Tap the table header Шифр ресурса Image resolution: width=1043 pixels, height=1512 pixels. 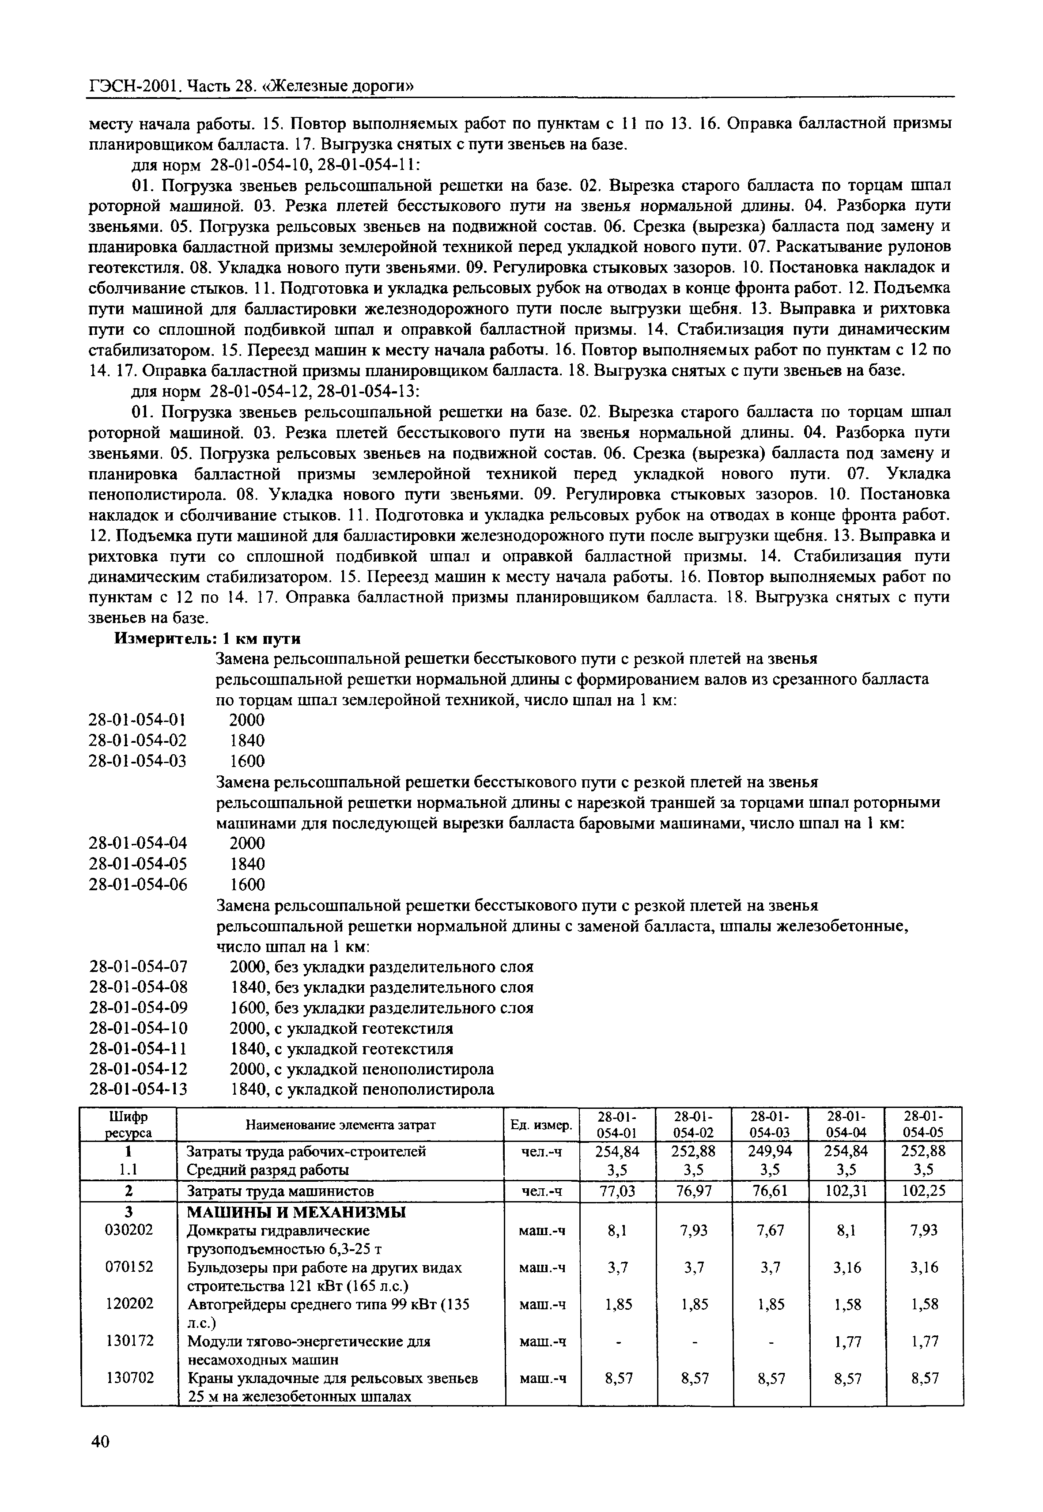pos(129,1124)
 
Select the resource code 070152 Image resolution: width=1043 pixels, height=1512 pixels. pos(129,1267)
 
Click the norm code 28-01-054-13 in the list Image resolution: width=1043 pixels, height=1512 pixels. pos(138,1089)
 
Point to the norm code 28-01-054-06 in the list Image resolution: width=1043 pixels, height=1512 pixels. pos(138,885)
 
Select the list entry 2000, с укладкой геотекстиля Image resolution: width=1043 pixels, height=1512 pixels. pos(341,1028)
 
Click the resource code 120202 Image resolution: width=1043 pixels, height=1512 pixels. pos(129,1304)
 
